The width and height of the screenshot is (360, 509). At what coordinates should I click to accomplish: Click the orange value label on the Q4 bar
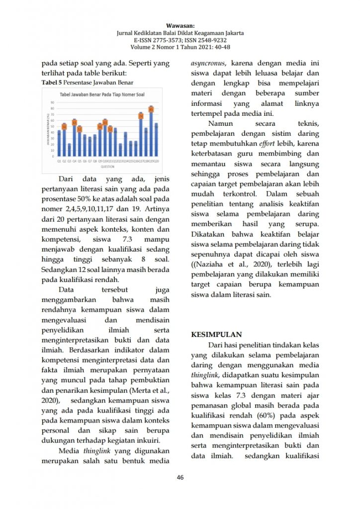point(74,122)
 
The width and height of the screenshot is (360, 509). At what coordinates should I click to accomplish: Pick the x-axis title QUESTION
point(108,167)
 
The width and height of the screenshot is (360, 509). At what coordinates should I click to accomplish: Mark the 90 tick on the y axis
point(52,102)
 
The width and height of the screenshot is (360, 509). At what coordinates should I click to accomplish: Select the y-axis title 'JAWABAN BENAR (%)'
point(47,130)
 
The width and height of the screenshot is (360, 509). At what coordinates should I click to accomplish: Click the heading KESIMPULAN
point(216,335)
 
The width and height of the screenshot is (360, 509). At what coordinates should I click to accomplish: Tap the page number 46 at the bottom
point(180,478)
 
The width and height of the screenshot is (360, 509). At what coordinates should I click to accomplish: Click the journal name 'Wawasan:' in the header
point(180,25)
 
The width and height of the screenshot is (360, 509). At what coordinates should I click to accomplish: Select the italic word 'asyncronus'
point(208,64)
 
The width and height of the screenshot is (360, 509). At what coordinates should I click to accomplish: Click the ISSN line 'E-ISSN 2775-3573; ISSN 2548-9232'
point(180,40)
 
